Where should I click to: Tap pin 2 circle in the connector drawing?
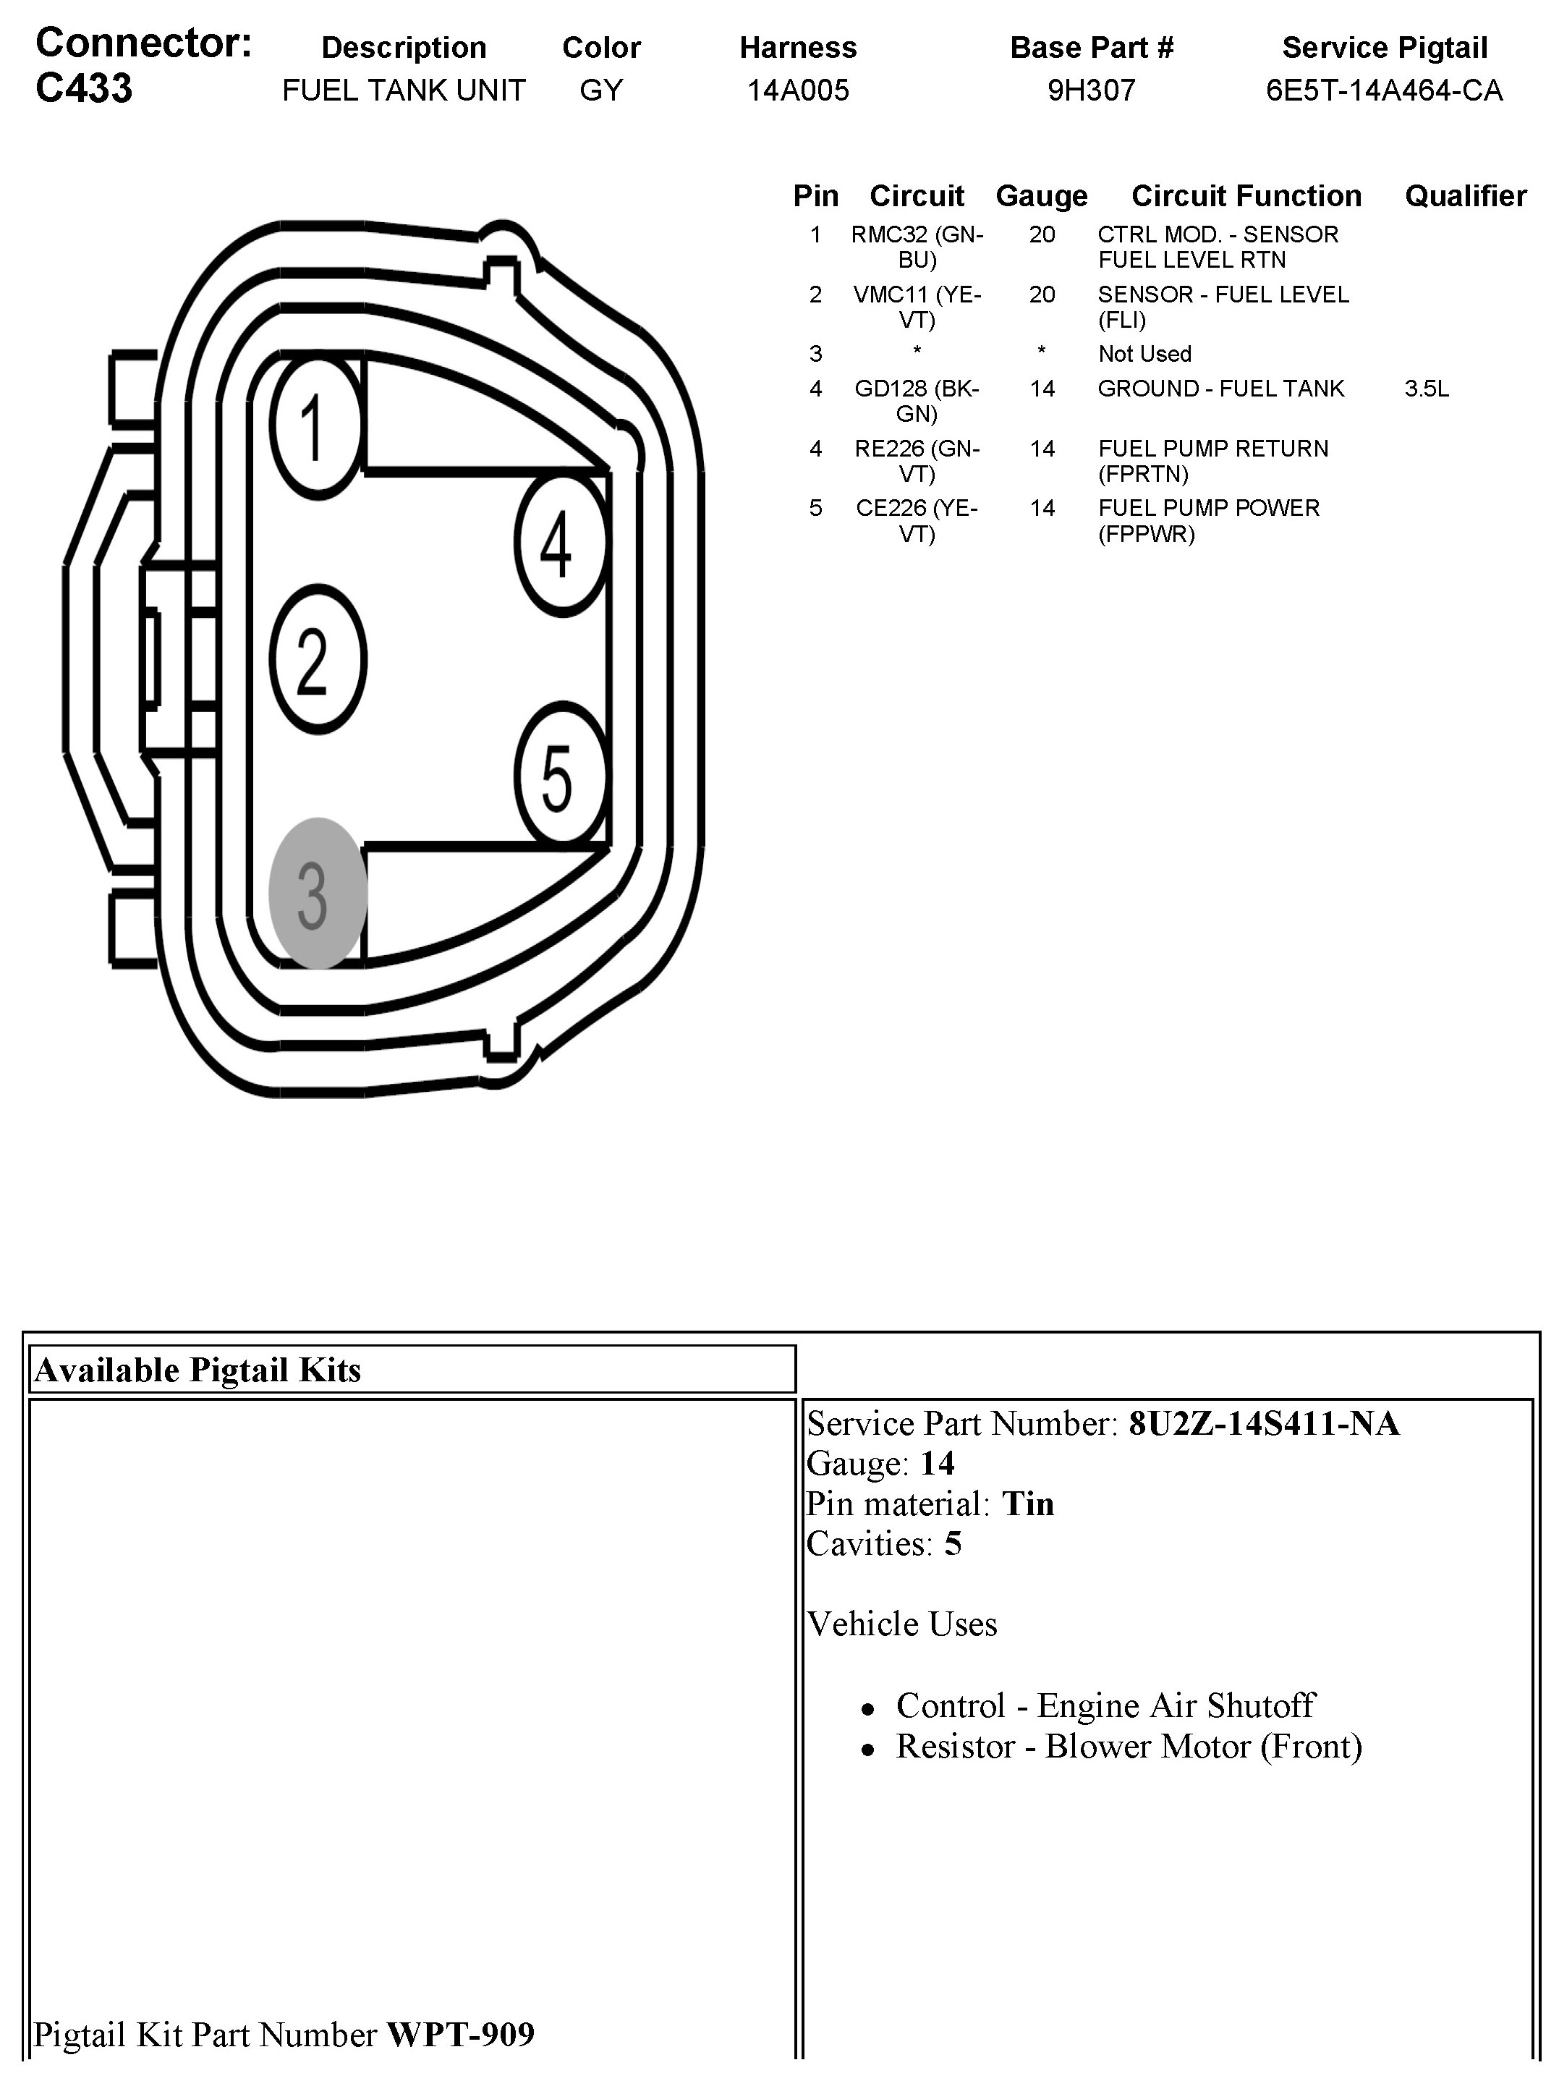click(x=317, y=659)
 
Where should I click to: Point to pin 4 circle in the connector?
click(x=559, y=543)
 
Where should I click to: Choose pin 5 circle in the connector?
click(x=559, y=775)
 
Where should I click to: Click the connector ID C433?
click(x=85, y=89)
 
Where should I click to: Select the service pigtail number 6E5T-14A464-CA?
click(x=1384, y=90)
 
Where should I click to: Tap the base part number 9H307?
click(x=1092, y=90)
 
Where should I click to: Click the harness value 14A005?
click(x=797, y=90)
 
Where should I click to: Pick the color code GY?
click(x=600, y=90)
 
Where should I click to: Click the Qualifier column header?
click(x=1465, y=196)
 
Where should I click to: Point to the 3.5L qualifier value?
click(x=1426, y=389)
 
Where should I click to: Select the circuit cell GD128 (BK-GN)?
click(x=917, y=401)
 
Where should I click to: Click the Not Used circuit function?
click(x=1144, y=355)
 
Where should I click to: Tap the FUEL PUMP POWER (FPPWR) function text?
click(x=1207, y=521)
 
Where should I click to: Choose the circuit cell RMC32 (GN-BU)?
click(x=917, y=247)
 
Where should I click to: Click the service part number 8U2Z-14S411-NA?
click(x=1263, y=1423)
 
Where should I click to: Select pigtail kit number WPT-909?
click(x=460, y=2035)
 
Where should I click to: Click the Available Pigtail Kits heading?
click(x=197, y=1370)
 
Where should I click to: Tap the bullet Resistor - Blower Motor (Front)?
click(x=1128, y=1746)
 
